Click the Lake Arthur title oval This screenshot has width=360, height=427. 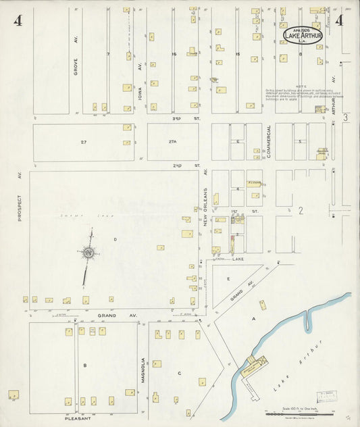303,34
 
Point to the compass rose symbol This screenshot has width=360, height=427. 88,253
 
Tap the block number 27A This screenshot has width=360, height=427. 172,142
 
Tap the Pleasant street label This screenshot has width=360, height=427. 78,418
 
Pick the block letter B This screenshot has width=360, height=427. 84,365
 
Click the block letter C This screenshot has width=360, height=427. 179,373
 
